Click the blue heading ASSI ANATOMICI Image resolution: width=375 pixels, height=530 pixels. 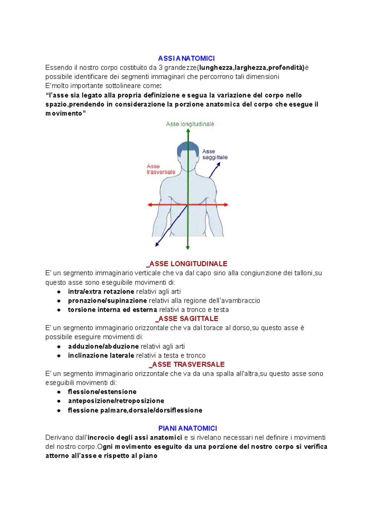pos(186,58)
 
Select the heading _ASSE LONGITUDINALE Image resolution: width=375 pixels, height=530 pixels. pos(187,264)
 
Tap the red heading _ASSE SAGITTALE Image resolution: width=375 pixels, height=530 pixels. pos(187,319)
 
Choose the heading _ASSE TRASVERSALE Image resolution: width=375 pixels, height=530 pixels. pos(187,365)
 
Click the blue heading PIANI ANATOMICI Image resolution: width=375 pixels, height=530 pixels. pos(187,428)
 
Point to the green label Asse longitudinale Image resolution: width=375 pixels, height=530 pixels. pos(190,124)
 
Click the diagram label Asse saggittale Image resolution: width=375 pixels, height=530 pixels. pos(214,154)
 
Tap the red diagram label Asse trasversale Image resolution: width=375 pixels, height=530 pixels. pos(161,169)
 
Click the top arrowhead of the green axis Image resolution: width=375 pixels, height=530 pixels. pos(188,131)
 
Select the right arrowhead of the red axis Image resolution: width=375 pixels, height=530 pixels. pos(226,205)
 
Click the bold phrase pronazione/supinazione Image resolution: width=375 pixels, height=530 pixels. pos(107,301)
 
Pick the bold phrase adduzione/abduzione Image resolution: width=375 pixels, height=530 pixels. pos(103,346)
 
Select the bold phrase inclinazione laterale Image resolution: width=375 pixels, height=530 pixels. pos(101,356)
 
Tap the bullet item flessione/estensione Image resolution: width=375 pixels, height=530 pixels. pos(102,392)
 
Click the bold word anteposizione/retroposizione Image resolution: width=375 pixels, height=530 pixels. pos(116,401)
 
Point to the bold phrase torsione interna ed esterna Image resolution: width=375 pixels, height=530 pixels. pos(112,310)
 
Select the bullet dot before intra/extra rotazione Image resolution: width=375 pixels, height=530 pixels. pos(59,292)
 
